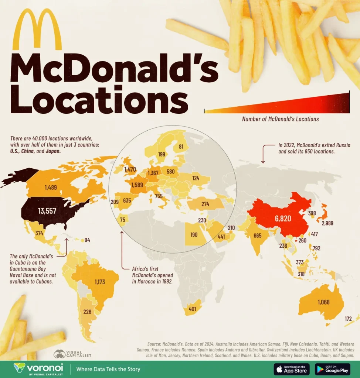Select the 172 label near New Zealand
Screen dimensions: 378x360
348,318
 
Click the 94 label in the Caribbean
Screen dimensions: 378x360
87,240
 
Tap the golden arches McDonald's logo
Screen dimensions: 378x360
37,30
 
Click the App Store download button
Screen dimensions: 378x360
292,369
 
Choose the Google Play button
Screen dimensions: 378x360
332,369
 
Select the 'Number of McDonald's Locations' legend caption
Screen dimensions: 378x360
280,119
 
